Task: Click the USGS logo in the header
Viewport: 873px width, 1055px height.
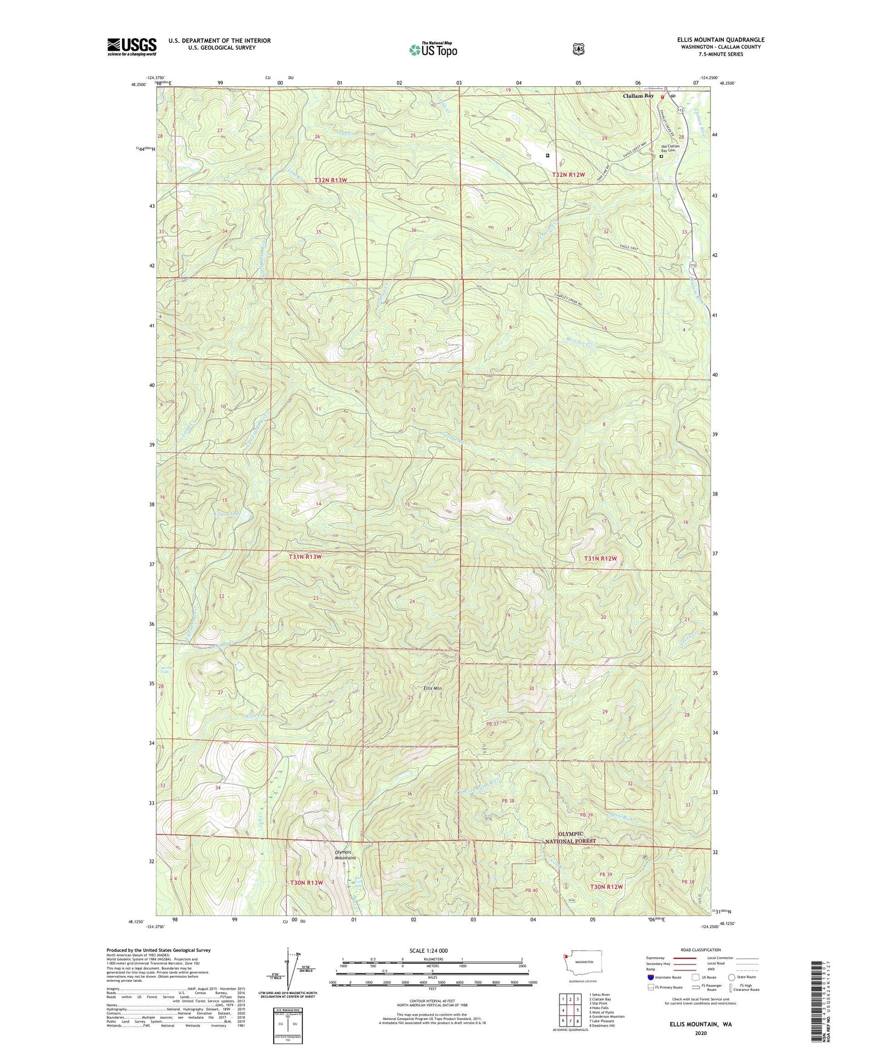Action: point(132,47)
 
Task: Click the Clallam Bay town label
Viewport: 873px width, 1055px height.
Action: point(638,96)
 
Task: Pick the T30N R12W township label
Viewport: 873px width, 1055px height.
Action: point(606,887)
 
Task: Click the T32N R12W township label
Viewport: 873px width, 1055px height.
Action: point(569,175)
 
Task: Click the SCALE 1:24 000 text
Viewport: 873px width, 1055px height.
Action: point(428,950)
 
